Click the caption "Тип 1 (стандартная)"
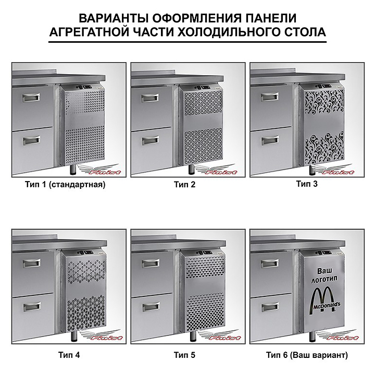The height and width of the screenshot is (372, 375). click(65, 185)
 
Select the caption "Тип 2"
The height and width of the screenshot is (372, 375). click(184, 185)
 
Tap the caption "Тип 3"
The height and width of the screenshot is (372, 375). click(307, 184)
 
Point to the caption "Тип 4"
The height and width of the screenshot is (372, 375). click(69, 355)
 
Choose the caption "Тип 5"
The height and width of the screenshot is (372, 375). click(184, 355)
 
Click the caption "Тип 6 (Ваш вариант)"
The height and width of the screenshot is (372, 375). click(307, 355)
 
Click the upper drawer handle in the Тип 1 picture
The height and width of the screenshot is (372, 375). click(31, 97)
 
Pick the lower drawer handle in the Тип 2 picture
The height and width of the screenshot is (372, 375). click(151, 140)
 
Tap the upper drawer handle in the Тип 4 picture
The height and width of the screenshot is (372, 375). click(32, 263)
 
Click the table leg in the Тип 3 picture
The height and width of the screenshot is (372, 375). click(312, 170)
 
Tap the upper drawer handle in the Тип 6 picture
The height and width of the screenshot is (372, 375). click(270, 263)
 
